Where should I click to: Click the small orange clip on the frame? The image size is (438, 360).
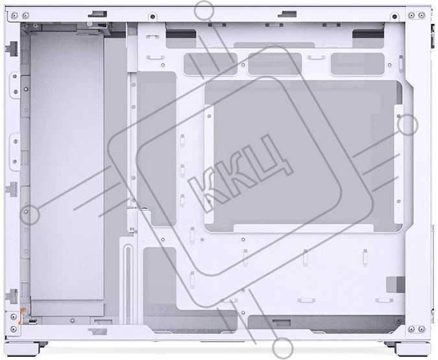point(22,315)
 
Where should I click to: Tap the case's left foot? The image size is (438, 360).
point(23,349)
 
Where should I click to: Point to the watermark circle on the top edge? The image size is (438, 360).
point(204,11)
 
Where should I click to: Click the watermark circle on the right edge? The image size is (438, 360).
point(408,125)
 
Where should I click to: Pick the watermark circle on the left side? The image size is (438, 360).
point(30,215)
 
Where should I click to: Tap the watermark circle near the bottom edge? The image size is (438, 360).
point(283,348)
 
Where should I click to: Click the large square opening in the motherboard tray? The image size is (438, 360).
point(304,156)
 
